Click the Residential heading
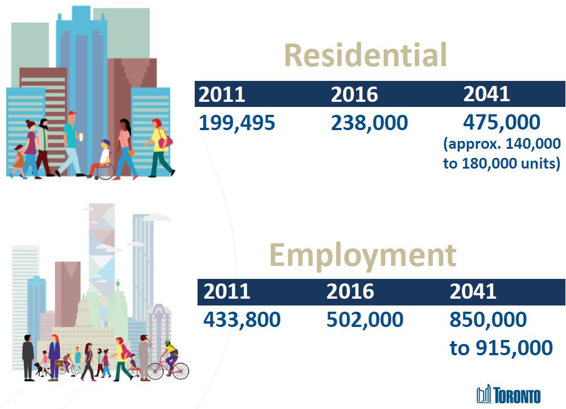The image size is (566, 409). click(x=366, y=55)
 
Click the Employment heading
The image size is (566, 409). click(x=363, y=256)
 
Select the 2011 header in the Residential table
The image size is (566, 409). click(x=222, y=94)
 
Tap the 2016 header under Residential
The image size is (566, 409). click(x=354, y=94)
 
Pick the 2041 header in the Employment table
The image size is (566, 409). click(x=473, y=291)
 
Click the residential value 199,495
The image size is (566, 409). click(x=237, y=123)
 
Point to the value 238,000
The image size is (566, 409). click(x=369, y=123)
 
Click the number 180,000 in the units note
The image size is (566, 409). click(x=485, y=163)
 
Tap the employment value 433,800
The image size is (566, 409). click(x=242, y=320)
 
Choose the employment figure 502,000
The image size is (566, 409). click(x=365, y=320)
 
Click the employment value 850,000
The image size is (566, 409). click(x=488, y=320)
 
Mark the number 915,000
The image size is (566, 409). click(x=514, y=348)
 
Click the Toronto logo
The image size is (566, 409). click(x=508, y=394)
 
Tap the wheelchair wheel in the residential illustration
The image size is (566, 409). click(x=105, y=171)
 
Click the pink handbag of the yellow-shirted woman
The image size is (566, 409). click(x=166, y=141)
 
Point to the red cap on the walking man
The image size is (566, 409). click(x=72, y=113)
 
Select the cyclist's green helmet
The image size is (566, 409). click(x=167, y=342)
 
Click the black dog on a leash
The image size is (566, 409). click(x=39, y=369)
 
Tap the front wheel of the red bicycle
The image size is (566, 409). click(x=181, y=371)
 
